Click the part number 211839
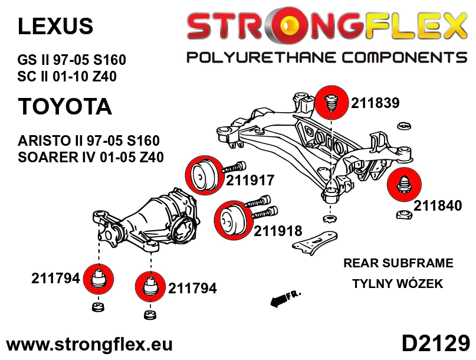click(375, 103)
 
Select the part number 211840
click(438, 205)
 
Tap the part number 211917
click(250, 180)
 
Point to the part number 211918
click(278, 231)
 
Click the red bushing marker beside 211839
click(331, 103)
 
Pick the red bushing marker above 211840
click(404, 184)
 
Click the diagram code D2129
click(436, 344)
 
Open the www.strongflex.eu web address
click(89, 345)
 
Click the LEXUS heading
click(55, 26)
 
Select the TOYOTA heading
click(65, 106)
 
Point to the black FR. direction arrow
click(284, 299)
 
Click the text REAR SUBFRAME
click(398, 263)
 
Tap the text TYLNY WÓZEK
click(398, 283)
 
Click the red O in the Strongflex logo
click(288, 25)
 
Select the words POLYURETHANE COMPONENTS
click(327, 57)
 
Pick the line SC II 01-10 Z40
click(67, 76)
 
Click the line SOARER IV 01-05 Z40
click(91, 157)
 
